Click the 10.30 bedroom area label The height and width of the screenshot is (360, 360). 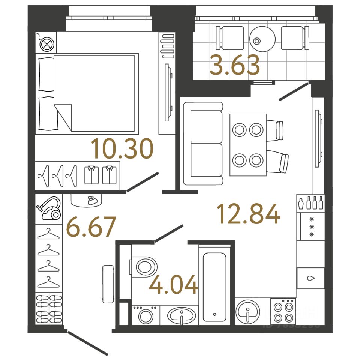point(123,148)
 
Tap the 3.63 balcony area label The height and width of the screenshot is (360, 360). point(235,65)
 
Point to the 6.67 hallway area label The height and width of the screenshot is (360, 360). point(90,227)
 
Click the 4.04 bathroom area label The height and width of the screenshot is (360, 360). point(173,285)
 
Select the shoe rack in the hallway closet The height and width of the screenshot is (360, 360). point(49,308)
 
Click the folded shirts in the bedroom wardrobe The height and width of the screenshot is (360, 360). point(100,175)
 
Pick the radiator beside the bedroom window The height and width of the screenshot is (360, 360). point(167,45)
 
